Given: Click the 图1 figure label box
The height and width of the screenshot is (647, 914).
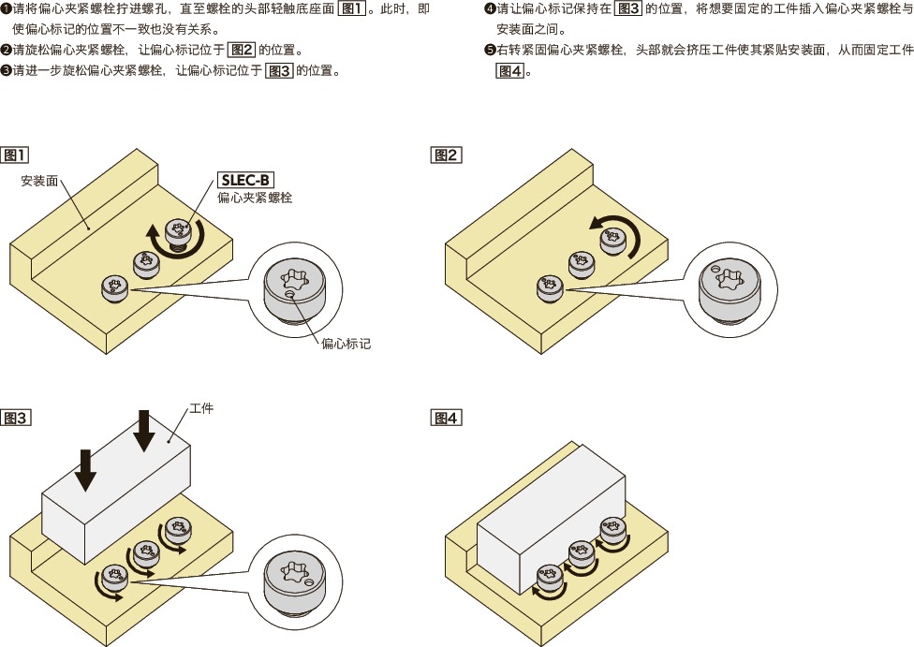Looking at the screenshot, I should point(16,154).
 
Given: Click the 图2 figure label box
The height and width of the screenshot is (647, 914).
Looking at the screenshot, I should point(446,154).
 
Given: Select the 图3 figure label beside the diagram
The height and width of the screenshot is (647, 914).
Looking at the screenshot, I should point(16,418).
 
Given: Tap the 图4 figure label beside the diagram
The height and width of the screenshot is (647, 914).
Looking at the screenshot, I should point(446,418).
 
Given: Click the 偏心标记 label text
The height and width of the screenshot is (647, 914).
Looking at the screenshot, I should point(346,344).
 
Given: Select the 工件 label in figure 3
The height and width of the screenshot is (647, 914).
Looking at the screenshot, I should point(201,409).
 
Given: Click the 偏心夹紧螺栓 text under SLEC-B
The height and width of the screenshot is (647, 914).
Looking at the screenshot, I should point(255,198).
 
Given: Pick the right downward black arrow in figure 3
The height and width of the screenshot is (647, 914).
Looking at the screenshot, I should point(143,430).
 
